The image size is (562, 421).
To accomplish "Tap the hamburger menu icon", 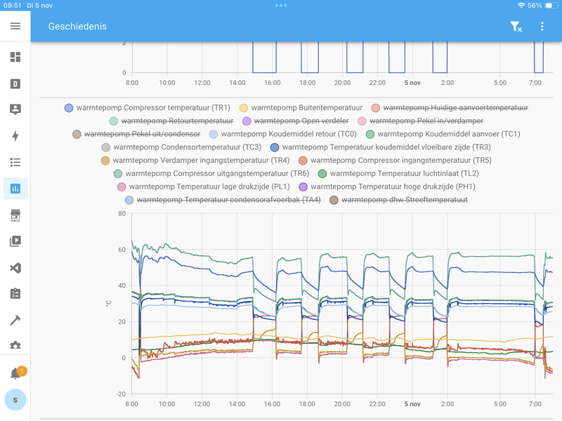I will [x=15, y=26].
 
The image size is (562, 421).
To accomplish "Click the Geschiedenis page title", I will [x=77, y=27].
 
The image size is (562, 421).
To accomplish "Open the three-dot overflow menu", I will [x=542, y=27].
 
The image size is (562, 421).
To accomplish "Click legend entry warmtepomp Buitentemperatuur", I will [x=301, y=108].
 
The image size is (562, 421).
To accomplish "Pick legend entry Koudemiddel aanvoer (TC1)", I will [x=443, y=134].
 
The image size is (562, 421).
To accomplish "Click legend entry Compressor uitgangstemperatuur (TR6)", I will [x=211, y=174].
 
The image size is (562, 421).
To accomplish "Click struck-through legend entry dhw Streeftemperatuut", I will [x=398, y=201].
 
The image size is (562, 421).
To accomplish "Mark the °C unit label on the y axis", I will [x=108, y=303].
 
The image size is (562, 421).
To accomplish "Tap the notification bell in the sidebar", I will [x=15, y=373].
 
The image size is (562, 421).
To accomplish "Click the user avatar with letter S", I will [x=15, y=399].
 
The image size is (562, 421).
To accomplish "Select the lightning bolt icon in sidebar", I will [x=15, y=136].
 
